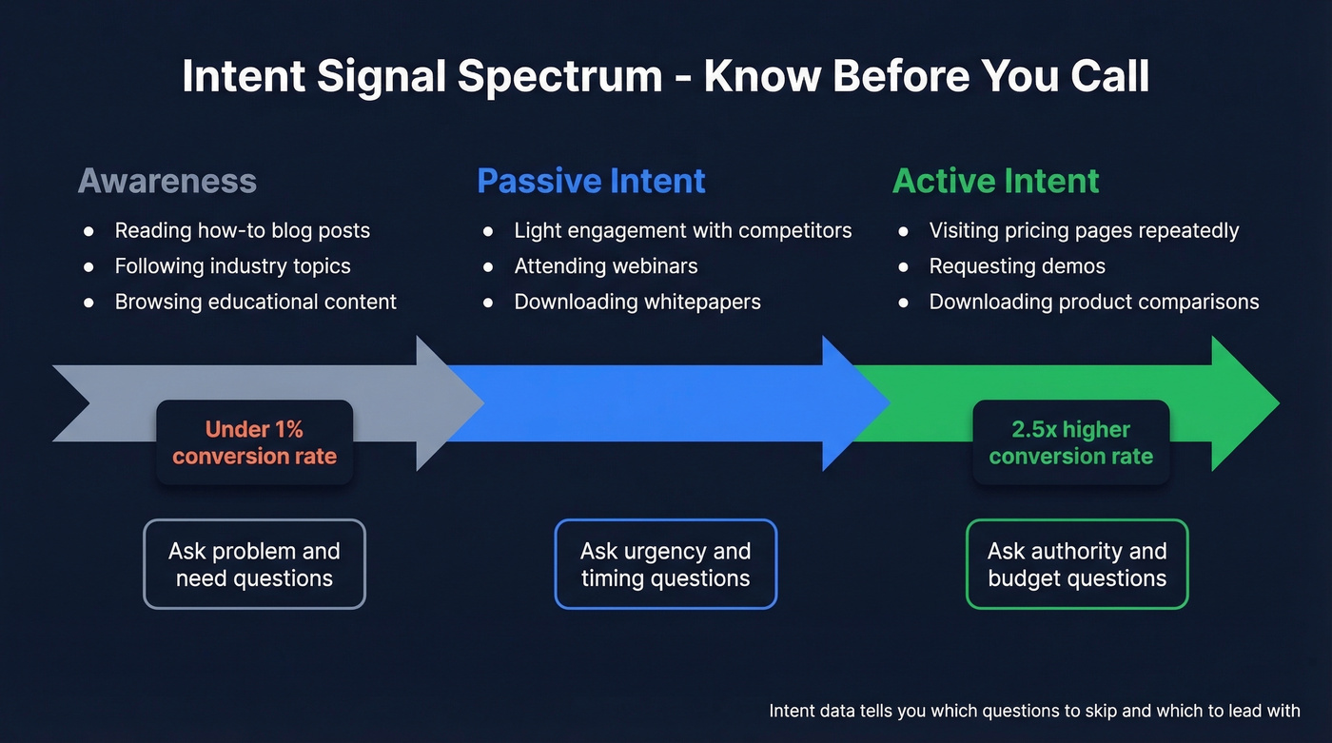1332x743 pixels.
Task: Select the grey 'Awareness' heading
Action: point(167,181)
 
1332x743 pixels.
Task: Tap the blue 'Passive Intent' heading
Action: point(591,181)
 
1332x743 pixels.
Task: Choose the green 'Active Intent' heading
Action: point(995,181)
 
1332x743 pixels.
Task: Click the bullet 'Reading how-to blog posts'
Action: point(242,231)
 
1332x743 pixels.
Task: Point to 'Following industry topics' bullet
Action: point(232,266)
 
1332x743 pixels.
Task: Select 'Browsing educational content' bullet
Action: point(255,302)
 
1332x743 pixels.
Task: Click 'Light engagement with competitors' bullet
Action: point(682,231)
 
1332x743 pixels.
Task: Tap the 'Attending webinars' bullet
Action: point(605,266)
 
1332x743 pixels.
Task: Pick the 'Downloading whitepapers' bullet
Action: point(637,302)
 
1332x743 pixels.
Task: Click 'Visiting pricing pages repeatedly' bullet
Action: point(1084,231)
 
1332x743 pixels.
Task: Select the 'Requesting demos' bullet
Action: point(1016,266)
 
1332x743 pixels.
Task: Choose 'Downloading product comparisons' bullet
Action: point(1093,302)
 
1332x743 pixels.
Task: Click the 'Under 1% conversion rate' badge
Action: point(254,442)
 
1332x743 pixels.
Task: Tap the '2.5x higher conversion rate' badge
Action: point(1070,442)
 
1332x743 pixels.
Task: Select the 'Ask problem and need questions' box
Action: point(254,564)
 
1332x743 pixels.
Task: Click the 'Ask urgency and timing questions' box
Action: point(665,564)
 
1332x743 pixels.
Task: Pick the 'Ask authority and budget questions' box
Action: point(1077,564)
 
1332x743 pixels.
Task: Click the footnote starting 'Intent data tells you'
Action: point(1033,711)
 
